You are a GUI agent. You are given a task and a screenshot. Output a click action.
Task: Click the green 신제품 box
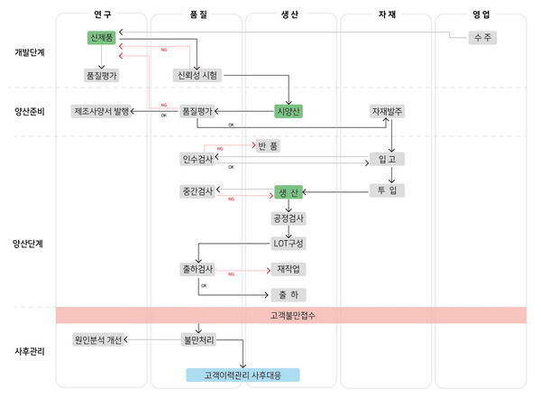[100, 38]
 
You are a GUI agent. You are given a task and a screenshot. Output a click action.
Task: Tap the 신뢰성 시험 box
[197, 76]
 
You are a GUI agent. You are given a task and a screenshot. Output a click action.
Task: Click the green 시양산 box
[289, 111]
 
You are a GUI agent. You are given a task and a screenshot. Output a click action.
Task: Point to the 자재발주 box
[387, 111]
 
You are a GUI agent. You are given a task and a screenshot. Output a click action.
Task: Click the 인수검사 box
[197, 159]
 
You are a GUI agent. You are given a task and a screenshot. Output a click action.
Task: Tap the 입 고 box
[387, 159]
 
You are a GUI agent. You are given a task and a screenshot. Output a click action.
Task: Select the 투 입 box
[387, 190]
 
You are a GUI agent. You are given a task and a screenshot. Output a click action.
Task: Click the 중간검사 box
[197, 190]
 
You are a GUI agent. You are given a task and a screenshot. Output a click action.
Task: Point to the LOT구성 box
[289, 243]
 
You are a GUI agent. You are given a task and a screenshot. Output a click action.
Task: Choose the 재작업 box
[289, 269]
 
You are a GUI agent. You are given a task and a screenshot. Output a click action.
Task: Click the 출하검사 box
[197, 269]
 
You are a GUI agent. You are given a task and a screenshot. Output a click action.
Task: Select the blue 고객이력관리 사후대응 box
[242, 375]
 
